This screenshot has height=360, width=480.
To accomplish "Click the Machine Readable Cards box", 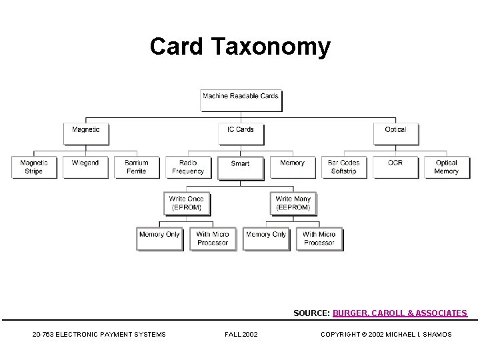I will [x=241, y=100].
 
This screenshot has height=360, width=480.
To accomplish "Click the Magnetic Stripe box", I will [x=34, y=167].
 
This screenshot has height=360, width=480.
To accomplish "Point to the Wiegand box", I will [x=85, y=167].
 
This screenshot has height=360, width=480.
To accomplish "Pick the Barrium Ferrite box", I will [x=137, y=167].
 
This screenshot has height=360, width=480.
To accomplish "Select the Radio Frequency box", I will [x=188, y=167].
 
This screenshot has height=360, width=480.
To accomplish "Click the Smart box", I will [x=241, y=167].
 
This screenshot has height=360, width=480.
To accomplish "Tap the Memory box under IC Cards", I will [x=292, y=167].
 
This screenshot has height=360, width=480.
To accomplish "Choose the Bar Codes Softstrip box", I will [x=344, y=167].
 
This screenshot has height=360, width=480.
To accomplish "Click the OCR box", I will [x=395, y=167].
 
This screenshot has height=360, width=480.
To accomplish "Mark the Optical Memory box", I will [x=447, y=167].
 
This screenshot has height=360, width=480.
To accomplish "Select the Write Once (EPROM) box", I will [x=187, y=203].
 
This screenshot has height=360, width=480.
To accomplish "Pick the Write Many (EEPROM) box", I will [x=293, y=203].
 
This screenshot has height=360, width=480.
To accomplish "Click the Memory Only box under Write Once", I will [x=160, y=239].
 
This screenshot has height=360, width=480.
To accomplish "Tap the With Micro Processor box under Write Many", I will [x=319, y=239].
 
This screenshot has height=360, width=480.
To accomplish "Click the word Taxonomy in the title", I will [x=271, y=47].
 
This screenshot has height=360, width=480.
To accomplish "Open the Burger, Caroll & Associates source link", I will [x=400, y=313].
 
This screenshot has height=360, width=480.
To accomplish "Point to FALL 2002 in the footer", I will [x=241, y=334].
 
